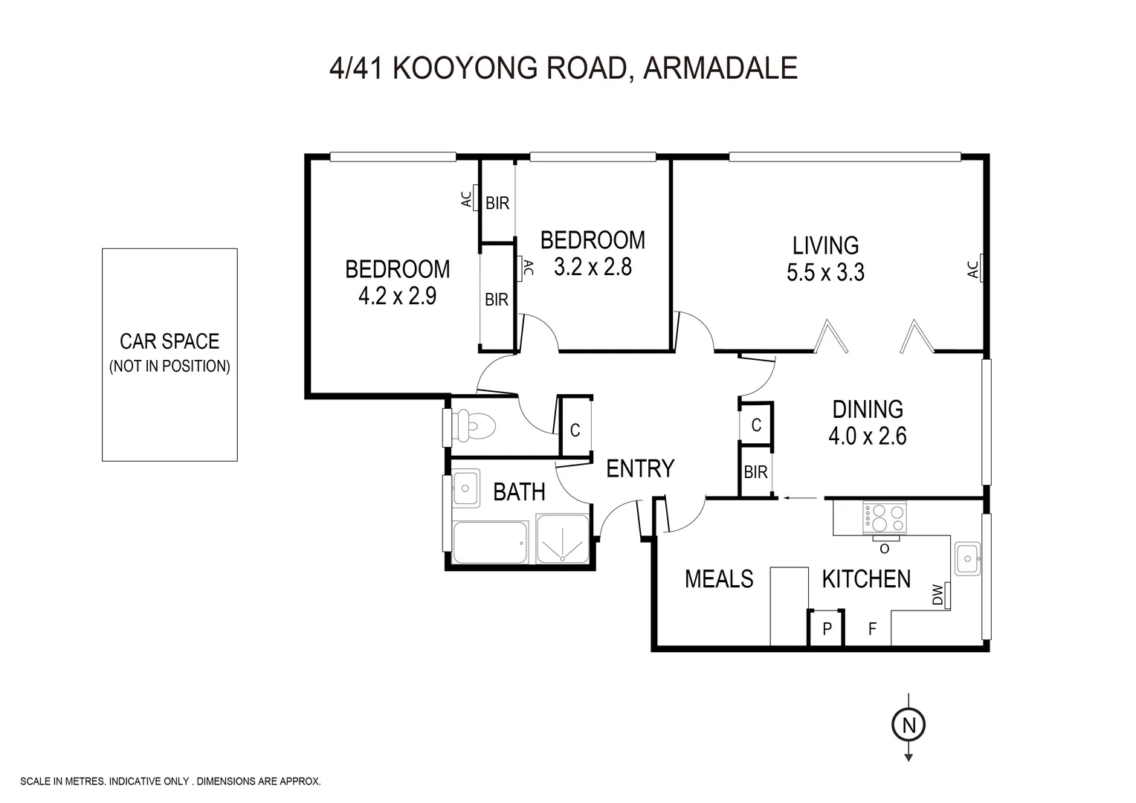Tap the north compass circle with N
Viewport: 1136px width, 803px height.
(x=908, y=724)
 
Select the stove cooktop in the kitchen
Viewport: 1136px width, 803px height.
(x=884, y=518)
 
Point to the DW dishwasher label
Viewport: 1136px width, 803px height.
(x=937, y=596)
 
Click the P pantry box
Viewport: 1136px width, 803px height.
(x=826, y=629)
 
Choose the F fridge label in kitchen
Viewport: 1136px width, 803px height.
(x=872, y=630)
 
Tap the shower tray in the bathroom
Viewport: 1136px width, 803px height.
(x=564, y=538)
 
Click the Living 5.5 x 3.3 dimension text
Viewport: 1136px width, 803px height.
(x=825, y=273)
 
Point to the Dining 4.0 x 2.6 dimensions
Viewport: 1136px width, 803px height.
(x=867, y=436)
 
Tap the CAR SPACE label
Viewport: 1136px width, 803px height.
(x=170, y=341)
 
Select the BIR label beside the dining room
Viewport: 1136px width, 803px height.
(x=755, y=472)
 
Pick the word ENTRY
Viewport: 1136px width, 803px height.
(x=640, y=468)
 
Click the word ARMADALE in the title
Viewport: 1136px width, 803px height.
(x=720, y=68)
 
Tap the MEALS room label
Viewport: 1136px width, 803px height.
(x=719, y=578)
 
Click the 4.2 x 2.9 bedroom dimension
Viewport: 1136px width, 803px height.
(x=397, y=297)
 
